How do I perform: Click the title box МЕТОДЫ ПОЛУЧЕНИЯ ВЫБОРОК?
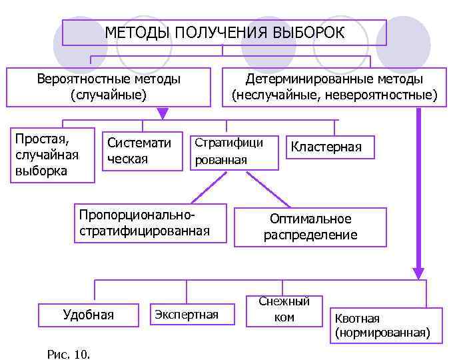pyautogui.click(x=225, y=33)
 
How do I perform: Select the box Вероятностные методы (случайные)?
pyautogui.click(x=109, y=87)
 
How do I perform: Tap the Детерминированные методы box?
pyautogui.click(x=334, y=87)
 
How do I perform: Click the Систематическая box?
pyautogui.click(x=142, y=151)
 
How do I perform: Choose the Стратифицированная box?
pyautogui.click(x=234, y=152)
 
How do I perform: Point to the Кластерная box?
pyautogui.click(x=331, y=147)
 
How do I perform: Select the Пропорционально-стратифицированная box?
pyautogui.click(x=151, y=223)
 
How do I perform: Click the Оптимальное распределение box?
pyautogui.click(x=310, y=227)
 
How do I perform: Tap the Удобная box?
pyautogui.click(x=88, y=315)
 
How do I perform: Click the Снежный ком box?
pyautogui.click(x=284, y=311)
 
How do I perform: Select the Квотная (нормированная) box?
pyautogui.click(x=386, y=325)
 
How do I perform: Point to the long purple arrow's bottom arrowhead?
pyautogui.click(x=418, y=273)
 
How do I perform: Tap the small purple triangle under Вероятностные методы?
pyautogui.click(x=163, y=113)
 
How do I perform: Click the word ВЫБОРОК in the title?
pyautogui.click(x=308, y=33)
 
